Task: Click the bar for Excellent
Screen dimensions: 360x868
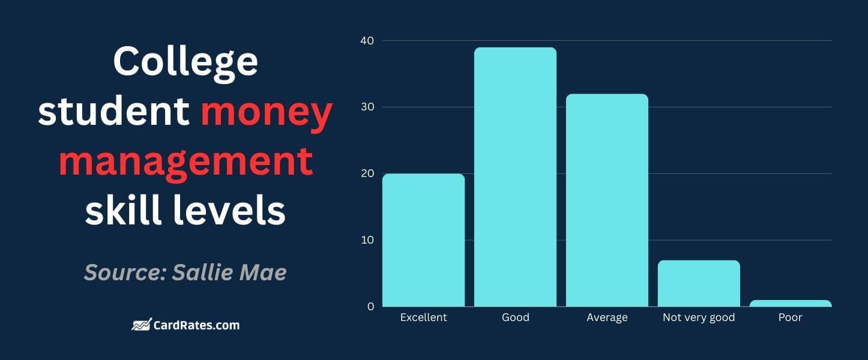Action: pos(423,240)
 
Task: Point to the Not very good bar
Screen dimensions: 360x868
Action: pos(699,283)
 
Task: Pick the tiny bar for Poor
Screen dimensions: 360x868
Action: pos(791,304)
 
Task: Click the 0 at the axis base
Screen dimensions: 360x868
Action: pos(370,307)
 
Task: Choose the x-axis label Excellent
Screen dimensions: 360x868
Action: pos(423,317)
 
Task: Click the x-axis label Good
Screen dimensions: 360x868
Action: pos(515,317)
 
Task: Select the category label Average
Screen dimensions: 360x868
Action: pos(607,317)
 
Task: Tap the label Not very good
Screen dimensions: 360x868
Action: pos(699,317)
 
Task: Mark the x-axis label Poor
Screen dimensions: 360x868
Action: pos(791,317)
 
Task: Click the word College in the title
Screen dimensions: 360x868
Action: pos(185,62)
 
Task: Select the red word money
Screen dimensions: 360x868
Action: pos(266,112)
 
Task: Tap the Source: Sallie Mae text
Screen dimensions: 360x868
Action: pos(185,272)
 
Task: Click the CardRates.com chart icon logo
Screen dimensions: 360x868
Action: pos(141,325)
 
